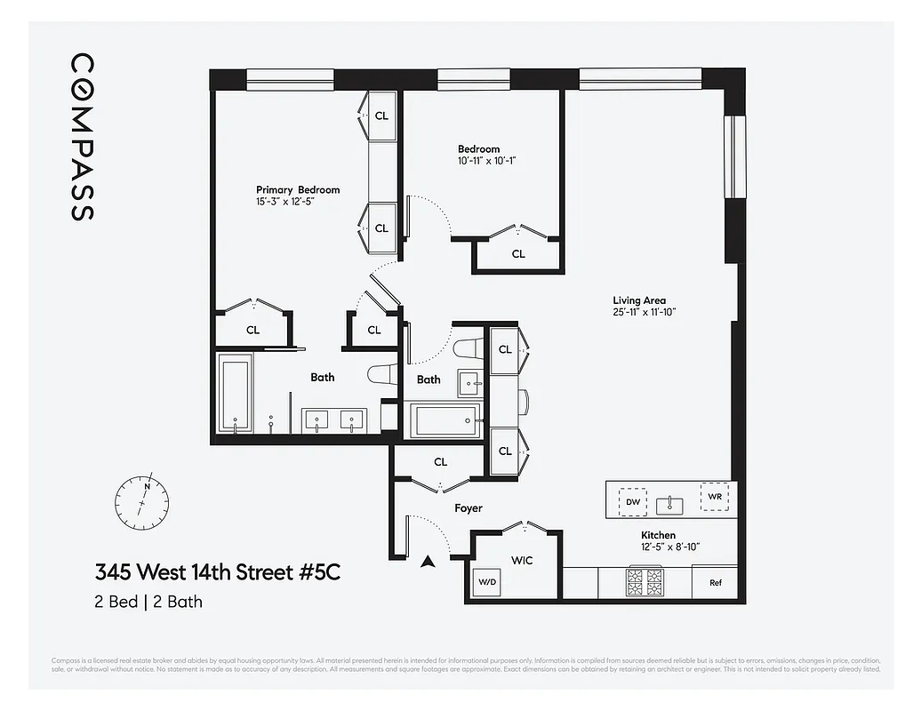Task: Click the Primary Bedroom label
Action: pos(298,189)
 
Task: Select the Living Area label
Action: pos(638,300)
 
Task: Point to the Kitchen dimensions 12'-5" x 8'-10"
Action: pos(670,547)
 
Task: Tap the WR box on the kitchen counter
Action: pos(714,497)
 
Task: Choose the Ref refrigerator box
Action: pos(715,583)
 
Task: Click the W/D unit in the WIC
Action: pos(488,583)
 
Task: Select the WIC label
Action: pos(521,561)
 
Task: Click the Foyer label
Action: pos(469,508)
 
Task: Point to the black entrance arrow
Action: pos(428,561)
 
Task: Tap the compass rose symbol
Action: pos(140,502)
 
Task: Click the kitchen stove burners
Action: pos(645,582)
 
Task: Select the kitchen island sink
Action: pos(670,505)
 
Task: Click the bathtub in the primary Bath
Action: pos(236,395)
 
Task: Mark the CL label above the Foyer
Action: pos(440,462)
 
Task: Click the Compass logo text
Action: pos(82,137)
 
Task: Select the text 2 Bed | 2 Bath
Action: pos(148,602)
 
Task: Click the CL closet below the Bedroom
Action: pos(518,254)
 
